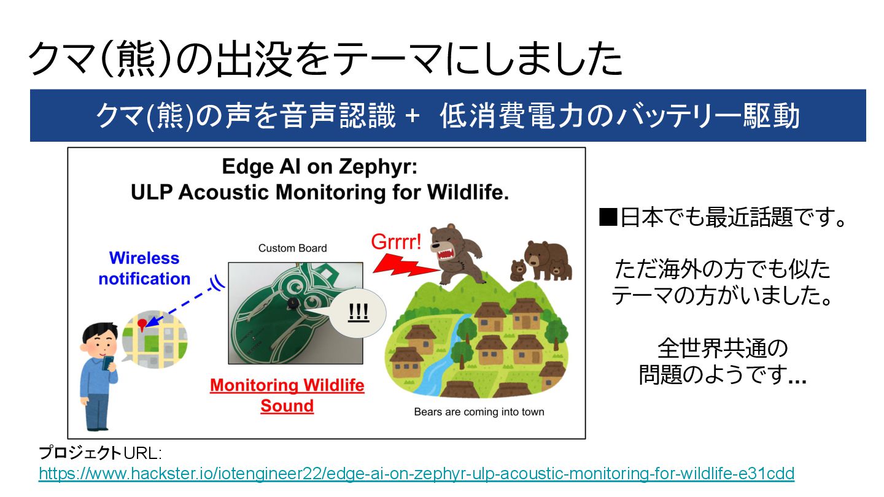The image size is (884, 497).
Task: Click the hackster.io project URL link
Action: [x=416, y=473]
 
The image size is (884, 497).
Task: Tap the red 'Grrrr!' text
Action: [x=396, y=241]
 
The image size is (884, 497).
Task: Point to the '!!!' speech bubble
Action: [x=357, y=313]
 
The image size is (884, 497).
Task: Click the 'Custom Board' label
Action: [x=292, y=248]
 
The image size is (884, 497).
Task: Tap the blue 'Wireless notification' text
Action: [x=144, y=268]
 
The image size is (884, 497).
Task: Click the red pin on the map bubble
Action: [x=142, y=324]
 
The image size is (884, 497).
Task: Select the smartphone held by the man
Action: [x=108, y=363]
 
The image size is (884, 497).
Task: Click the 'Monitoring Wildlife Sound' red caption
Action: [x=287, y=395]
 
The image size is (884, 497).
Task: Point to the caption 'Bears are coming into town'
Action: [x=479, y=412]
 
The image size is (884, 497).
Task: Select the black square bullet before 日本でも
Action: [x=608, y=217]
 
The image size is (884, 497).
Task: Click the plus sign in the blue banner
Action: [x=413, y=116]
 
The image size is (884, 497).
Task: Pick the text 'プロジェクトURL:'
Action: [x=100, y=453]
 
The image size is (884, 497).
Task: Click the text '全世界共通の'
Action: [x=723, y=348]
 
